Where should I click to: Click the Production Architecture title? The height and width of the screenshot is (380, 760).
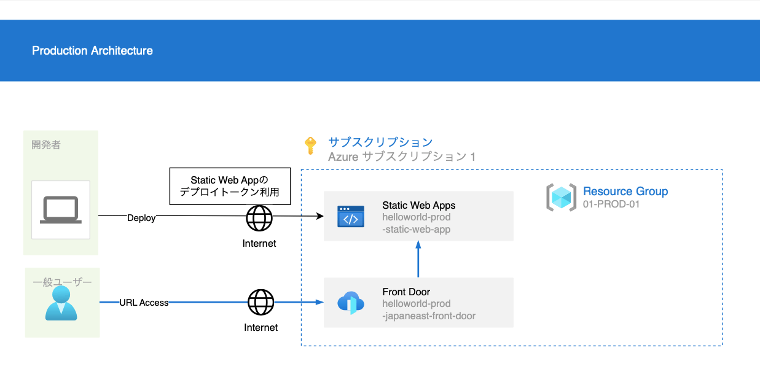(x=92, y=51)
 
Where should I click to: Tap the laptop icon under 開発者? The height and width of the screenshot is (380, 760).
(x=60, y=210)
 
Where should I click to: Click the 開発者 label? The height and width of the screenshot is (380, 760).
(x=46, y=145)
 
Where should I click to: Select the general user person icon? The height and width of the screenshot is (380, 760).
(x=61, y=303)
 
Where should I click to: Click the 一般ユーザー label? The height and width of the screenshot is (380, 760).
(x=62, y=282)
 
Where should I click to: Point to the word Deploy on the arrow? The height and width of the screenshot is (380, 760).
(x=141, y=218)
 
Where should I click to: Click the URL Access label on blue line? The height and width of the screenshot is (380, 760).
(x=144, y=303)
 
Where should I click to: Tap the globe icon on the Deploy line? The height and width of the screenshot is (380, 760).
(x=259, y=217)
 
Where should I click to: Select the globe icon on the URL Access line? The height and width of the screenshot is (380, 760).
(x=261, y=302)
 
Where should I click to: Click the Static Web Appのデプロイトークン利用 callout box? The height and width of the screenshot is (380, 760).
(x=230, y=186)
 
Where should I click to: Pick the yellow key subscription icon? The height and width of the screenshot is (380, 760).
(x=310, y=146)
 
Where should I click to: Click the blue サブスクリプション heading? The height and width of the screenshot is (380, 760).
(x=380, y=142)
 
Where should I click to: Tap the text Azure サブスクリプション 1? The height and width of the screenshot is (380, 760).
(x=402, y=157)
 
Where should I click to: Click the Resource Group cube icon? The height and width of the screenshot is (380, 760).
(x=561, y=198)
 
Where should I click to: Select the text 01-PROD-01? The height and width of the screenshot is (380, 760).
(x=611, y=204)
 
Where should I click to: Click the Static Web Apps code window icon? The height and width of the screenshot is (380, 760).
(x=350, y=217)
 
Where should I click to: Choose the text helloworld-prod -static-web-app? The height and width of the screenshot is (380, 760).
(x=416, y=223)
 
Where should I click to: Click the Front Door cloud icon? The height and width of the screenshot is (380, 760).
(x=351, y=303)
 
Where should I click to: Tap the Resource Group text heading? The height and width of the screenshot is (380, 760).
(x=625, y=191)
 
